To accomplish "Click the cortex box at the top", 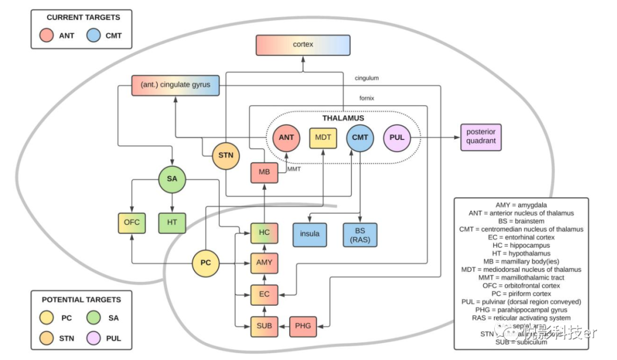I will (x=303, y=45).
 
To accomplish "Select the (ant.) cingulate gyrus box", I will (x=175, y=85).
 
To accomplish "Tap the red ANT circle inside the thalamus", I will (x=287, y=138).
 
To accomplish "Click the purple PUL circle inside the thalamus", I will (x=397, y=138).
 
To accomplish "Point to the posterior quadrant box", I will (x=480, y=137).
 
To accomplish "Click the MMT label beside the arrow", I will (x=294, y=169).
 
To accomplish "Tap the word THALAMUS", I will (x=343, y=118).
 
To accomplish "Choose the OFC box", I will (x=132, y=222).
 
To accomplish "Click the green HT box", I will (x=172, y=222).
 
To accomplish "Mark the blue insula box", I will (x=310, y=234).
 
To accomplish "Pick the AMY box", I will (x=264, y=263).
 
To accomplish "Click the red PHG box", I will (x=302, y=326).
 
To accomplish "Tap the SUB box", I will (x=264, y=326).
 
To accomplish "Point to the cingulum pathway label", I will (x=366, y=78).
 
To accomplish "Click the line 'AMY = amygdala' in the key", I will (x=521, y=205).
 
